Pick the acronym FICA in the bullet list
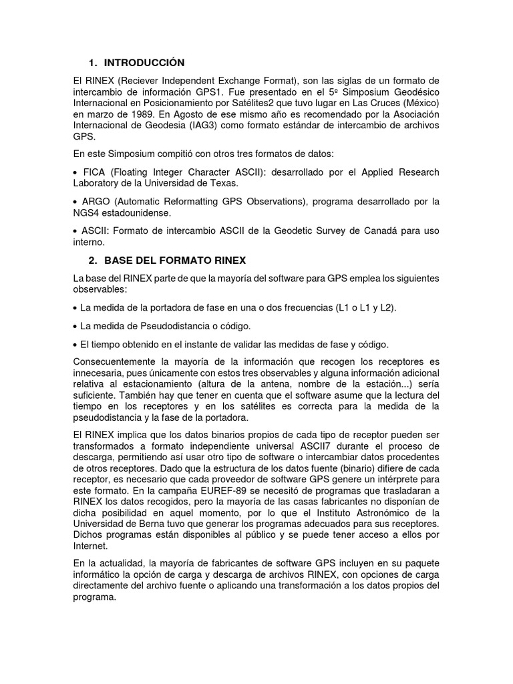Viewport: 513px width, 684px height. (x=92, y=172)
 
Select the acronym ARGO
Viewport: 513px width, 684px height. (x=94, y=201)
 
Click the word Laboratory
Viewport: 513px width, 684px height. (x=102, y=182)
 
